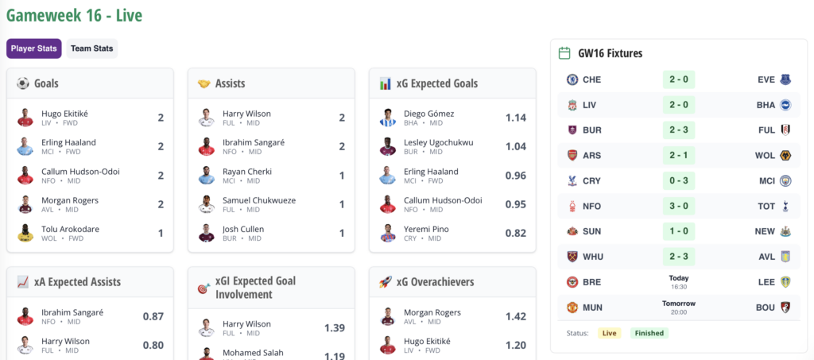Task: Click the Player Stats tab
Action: point(34,48)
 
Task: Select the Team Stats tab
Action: point(91,48)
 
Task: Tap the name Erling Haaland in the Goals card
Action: point(68,142)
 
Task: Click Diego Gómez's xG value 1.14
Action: point(516,118)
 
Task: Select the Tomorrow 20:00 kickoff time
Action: point(678,307)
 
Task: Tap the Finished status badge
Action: point(649,333)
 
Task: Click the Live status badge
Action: point(609,333)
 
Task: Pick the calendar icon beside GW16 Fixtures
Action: point(564,53)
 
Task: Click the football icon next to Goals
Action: point(22,83)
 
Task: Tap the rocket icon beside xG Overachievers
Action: point(385,282)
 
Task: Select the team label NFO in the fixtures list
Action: point(592,206)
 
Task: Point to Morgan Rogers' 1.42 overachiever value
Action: point(515,316)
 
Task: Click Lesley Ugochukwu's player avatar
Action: point(387,146)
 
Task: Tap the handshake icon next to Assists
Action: point(203,83)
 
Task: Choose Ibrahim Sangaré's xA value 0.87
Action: point(153,316)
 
